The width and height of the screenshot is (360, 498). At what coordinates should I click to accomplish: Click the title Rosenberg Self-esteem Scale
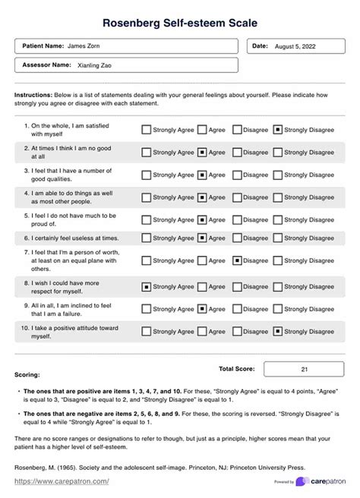click(180, 23)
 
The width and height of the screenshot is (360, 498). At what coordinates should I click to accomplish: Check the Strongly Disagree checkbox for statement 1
click(278, 130)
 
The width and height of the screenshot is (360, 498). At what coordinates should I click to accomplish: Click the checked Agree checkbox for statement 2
click(202, 152)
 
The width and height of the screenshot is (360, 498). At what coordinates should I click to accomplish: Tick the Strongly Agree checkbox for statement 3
click(146, 175)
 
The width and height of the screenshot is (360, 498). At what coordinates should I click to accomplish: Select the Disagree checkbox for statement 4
click(237, 197)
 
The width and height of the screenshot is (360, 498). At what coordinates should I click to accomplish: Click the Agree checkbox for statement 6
click(202, 238)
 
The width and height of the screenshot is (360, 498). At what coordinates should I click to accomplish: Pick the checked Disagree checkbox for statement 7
click(237, 260)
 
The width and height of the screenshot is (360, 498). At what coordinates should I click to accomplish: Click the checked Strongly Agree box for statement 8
click(146, 287)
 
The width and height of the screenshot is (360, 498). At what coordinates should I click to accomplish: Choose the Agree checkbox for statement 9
click(202, 309)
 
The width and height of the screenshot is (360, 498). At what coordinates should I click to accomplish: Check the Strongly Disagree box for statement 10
click(278, 331)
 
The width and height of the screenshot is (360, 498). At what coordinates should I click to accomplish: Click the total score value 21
click(304, 369)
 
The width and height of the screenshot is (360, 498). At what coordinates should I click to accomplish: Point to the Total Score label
click(236, 369)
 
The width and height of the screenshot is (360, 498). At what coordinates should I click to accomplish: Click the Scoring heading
click(27, 375)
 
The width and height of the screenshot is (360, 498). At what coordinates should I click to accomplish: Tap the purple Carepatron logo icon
click(303, 482)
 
